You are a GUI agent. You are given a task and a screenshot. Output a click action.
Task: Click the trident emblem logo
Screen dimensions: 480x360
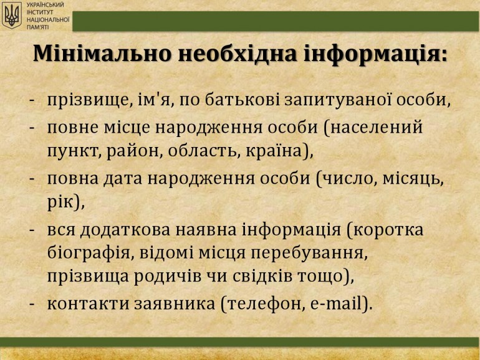point(12,16)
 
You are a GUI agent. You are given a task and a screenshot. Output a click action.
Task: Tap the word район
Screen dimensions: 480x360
point(133,152)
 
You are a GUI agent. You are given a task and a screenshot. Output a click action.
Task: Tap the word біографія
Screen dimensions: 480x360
point(89,254)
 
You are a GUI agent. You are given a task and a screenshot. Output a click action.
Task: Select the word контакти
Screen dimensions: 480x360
point(88,304)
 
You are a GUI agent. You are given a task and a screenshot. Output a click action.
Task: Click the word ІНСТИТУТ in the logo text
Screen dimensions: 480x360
point(40,12)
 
